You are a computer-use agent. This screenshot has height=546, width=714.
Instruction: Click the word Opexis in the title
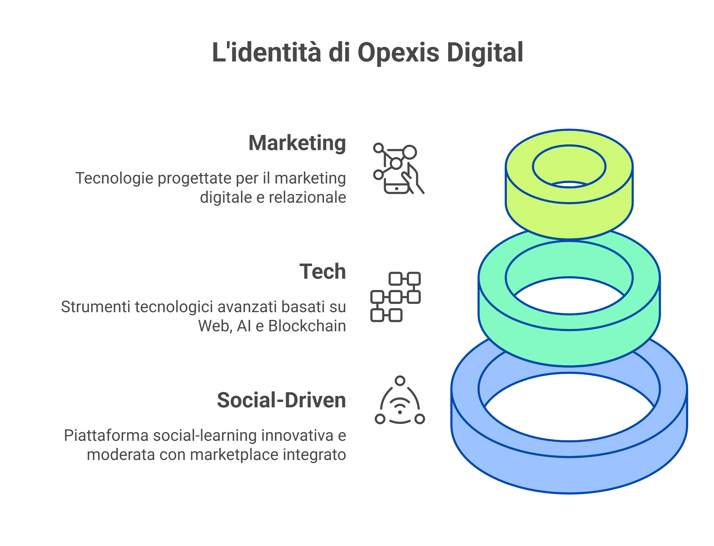pyautogui.click(x=398, y=53)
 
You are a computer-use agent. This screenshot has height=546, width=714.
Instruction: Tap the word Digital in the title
pyautogui.click(x=485, y=53)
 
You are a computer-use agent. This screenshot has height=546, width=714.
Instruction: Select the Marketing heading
pyautogui.click(x=297, y=143)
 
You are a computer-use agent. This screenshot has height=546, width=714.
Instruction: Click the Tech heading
pyautogui.click(x=322, y=271)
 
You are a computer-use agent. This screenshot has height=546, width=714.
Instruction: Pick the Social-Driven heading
pyautogui.click(x=281, y=400)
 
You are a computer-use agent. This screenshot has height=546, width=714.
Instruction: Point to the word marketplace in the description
pyautogui.click(x=234, y=454)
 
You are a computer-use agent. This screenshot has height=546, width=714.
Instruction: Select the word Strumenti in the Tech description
pyautogui.click(x=96, y=307)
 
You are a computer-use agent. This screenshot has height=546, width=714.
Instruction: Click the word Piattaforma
pyautogui.click(x=106, y=435)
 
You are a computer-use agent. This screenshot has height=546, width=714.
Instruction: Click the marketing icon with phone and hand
pyautogui.click(x=398, y=168)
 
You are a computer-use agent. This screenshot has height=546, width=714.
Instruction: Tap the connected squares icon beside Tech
pyautogui.click(x=395, y=297)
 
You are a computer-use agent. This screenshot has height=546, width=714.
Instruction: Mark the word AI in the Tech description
pyautogui.click(x=244, y=326)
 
